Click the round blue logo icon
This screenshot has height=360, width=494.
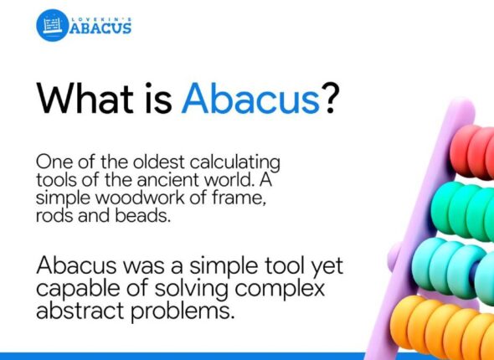[52, 25]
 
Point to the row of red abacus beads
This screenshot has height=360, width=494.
[473, 151]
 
